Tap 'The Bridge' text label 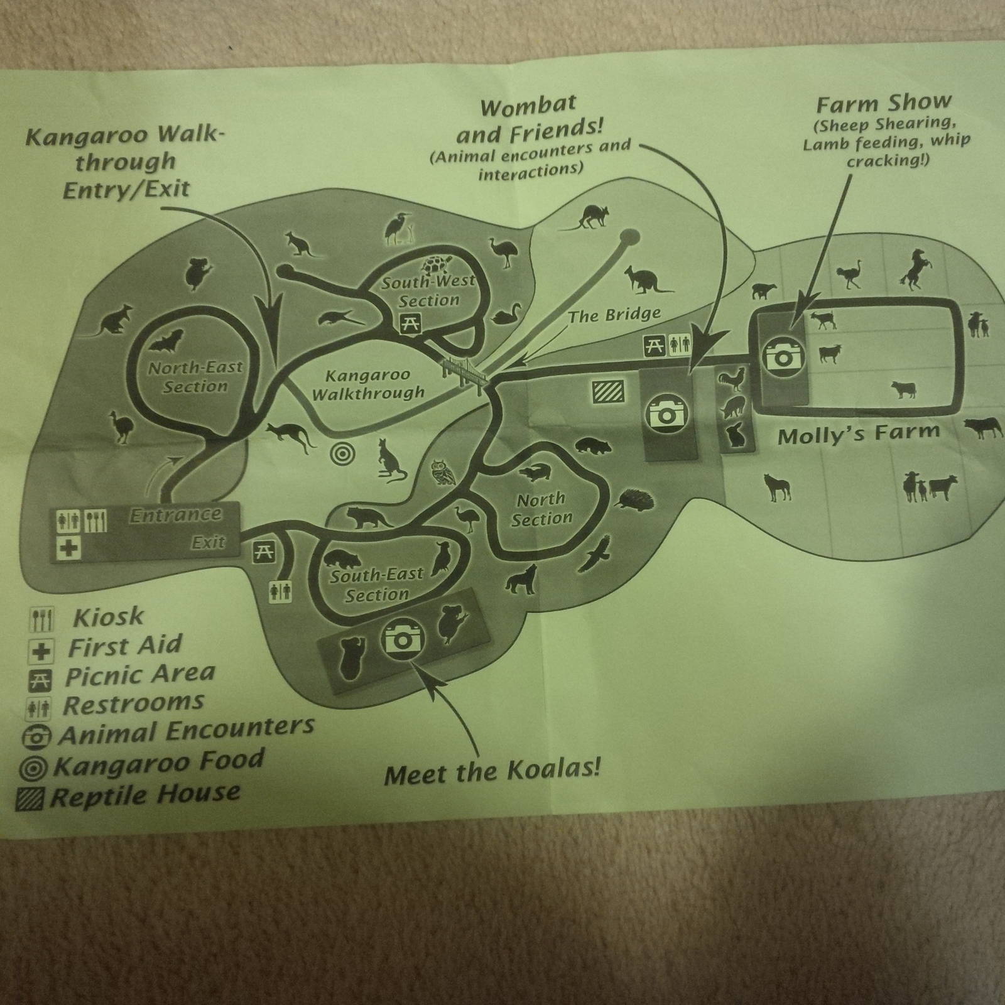pos(614,314)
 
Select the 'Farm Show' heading pos(884,103)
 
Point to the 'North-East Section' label pos(195,376)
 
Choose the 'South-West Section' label pos(428,291)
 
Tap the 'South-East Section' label pos(377,584)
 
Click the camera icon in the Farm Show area pos(783,355)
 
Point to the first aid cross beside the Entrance pos(69,546)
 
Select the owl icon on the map pos(444,473)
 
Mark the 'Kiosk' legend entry pos(87,618)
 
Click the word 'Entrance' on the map pos(176,515)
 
